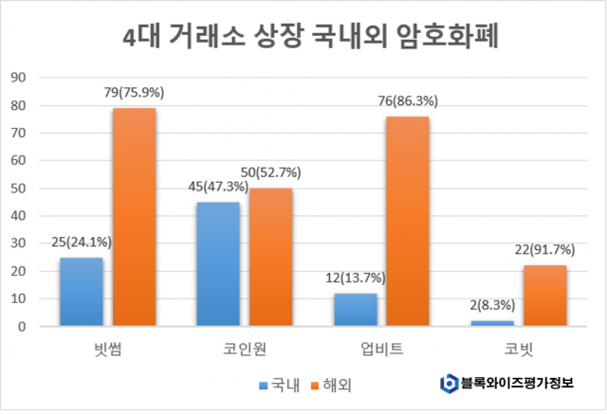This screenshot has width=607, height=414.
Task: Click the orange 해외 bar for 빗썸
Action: click(x=134, y=217)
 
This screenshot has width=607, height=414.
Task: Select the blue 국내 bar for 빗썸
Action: click(x=81, y=292)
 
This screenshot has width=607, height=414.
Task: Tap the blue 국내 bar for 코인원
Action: click(x=217, y=264)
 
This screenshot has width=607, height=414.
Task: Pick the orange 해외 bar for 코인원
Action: click(x=270, y=258)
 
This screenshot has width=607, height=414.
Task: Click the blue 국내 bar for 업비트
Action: click(x=355, y=310)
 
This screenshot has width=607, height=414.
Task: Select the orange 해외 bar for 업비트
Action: click(x=408, y=222)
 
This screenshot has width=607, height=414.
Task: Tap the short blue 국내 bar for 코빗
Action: click(x=491, y=324)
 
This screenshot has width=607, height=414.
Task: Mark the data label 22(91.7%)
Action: click(x=544, y=249)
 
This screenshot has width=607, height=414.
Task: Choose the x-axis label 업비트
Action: click(x=381, y=350)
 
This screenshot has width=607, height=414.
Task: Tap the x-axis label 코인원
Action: click(x=244, y=350)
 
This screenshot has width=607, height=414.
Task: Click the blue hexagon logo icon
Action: click(x=449, y=384)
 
